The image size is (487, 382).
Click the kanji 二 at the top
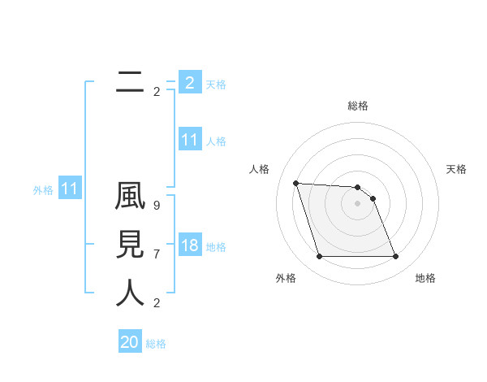(130, 81)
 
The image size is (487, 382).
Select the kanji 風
(130, 198)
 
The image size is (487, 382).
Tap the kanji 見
(130, 245)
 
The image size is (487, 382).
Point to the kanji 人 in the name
(130, 293)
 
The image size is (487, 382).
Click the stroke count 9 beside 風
(157, 206)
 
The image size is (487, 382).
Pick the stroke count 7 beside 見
(157, 254)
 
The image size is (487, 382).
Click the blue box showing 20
(130, 342)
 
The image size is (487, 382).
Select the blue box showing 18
(190, 245)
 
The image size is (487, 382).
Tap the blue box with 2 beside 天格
(190, 83)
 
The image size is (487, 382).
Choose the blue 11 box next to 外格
(70, 189)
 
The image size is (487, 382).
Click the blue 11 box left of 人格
(190, 140)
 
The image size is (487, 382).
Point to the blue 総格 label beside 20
(156, 344)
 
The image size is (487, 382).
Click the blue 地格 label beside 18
(216, 247)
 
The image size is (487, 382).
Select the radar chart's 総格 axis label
(358, 106)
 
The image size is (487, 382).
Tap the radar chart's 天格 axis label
(457, 169)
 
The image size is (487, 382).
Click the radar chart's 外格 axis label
(286, 278)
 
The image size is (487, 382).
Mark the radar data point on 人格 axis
(296, 183)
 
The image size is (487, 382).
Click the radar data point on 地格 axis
(395, 257)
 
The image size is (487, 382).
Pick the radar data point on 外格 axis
(319, 257)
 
